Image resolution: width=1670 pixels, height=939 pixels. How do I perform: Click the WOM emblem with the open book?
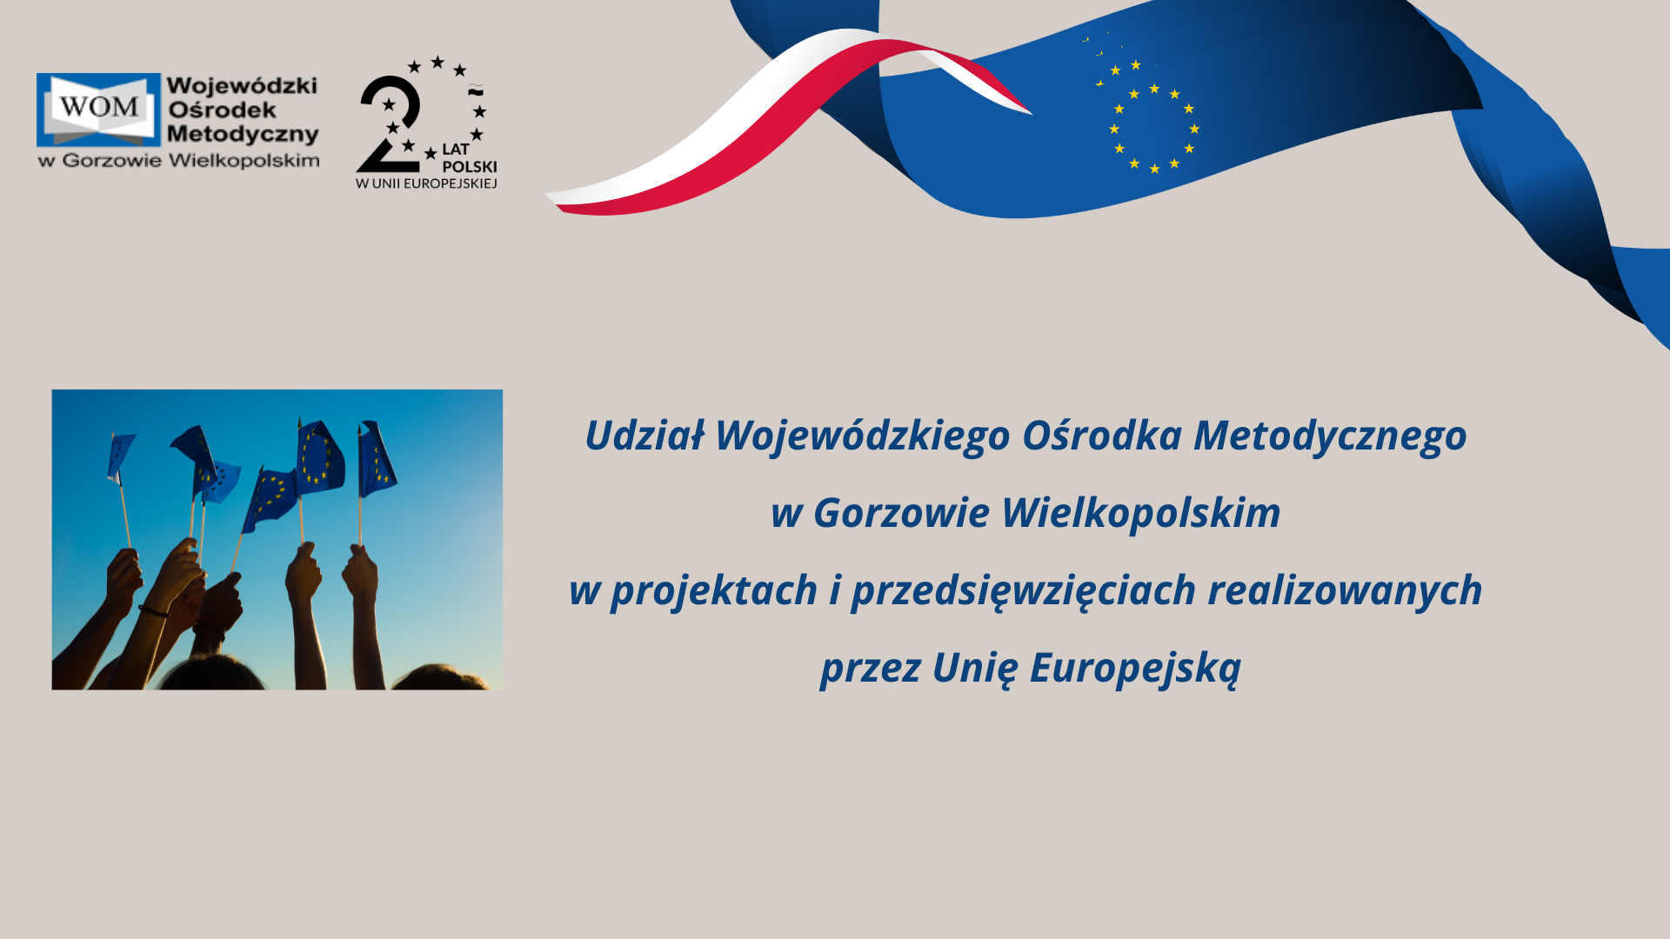point(98,110)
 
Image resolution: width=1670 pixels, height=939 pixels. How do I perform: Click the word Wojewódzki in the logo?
point(242,86)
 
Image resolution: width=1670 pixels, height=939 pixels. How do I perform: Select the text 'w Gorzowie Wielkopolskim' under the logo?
point(178,160)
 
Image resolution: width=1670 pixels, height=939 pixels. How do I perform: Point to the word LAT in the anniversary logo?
point(456,149)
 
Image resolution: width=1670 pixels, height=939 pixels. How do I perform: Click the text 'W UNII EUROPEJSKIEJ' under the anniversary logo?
point(426,183)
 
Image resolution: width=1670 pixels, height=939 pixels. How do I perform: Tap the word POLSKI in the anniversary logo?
point(470,166)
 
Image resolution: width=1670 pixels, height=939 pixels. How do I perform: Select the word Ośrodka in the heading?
point(1101,435)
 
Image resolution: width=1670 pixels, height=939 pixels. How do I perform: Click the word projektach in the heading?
point(714,590)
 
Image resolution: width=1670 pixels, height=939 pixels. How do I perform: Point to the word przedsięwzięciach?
point(1024,590)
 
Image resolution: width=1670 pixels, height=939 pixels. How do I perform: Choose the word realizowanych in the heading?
point(1345,590)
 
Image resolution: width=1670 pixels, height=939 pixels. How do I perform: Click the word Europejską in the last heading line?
point(1135,668)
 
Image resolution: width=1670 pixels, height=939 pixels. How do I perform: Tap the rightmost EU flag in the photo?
point(377,459)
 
